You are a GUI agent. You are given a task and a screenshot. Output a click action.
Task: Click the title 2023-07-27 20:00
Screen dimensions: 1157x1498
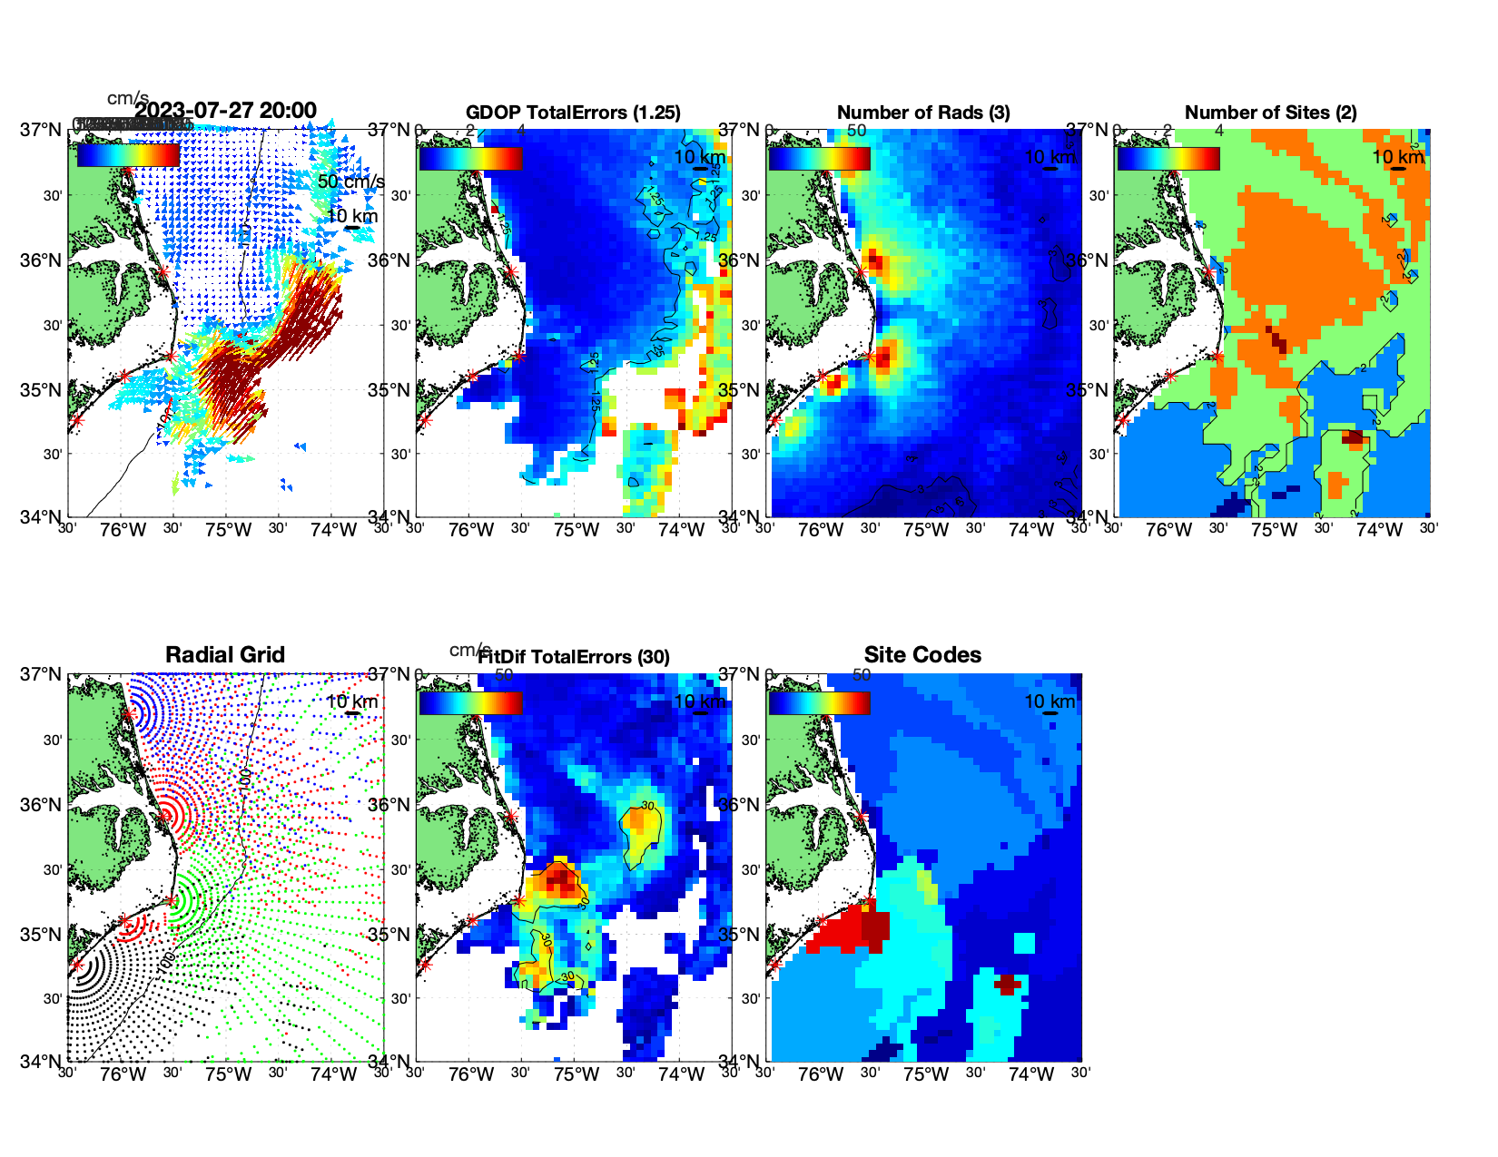click(226, 111)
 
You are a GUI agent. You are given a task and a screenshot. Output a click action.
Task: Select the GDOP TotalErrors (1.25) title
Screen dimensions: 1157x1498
click(573, 113)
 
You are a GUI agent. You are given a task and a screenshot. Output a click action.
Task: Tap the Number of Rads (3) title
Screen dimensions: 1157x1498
click(923, 113)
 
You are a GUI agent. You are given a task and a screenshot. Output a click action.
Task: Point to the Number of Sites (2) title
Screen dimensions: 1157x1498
click(1270, 113)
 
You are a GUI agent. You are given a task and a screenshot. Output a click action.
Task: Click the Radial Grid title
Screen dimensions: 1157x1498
click(225, 655)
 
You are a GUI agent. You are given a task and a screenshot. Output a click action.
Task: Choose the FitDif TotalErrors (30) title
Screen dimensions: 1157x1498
click(574, 657)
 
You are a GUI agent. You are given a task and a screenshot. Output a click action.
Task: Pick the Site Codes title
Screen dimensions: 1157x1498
click(922, 655)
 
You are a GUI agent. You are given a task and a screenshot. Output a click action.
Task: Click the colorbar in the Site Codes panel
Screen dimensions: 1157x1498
click(819, 702)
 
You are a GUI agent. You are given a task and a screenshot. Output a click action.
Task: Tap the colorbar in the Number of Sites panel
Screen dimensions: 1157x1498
click(1168, 158)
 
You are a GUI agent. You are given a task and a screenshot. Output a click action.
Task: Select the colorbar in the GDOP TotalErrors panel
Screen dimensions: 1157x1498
click(470, 158)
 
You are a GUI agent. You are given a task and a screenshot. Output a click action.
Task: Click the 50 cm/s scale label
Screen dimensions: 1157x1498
click(350, 181)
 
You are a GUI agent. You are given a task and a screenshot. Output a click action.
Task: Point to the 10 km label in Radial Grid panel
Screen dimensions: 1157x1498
click(351, 701)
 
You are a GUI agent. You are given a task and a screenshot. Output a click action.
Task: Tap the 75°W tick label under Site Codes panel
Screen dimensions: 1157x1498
click(925, 1074)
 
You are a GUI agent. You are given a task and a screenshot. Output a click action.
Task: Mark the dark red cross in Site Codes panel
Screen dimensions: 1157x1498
click(1007, 983)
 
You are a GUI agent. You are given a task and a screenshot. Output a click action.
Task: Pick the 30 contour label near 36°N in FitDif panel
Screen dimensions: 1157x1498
click(647, 806)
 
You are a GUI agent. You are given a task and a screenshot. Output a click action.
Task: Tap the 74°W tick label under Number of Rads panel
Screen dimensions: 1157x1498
click(1030, 530)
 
